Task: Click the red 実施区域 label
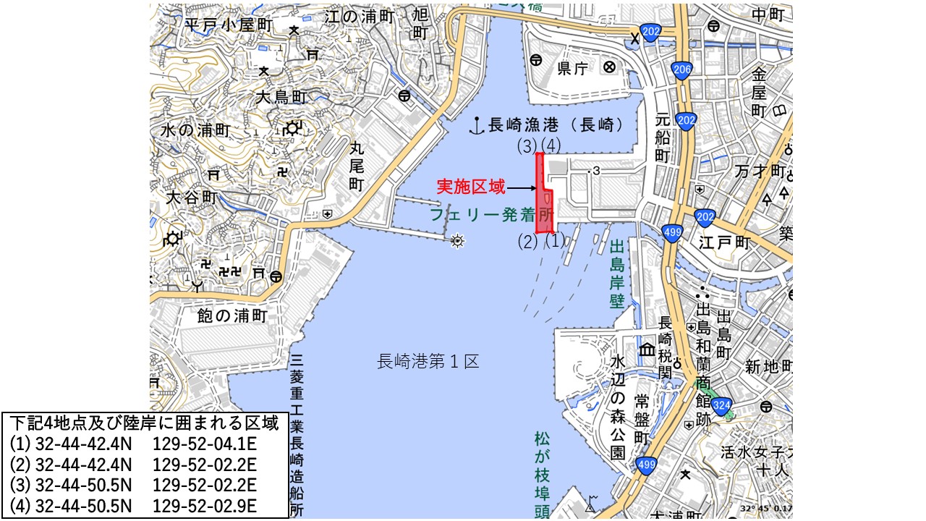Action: coord(470,187)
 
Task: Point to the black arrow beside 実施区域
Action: coord(520,188)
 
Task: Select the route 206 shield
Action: coord(681,70)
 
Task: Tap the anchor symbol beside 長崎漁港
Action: coord(476,125)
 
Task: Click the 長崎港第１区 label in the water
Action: coord(428,360)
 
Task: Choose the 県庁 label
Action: coord(572,68)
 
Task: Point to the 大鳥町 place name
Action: coord(281,97)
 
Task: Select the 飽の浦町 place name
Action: coord(232,316)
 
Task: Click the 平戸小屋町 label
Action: coord(229,25)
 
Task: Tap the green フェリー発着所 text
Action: coord(490,215)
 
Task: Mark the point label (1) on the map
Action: coord(554,241)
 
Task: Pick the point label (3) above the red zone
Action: coord(527,146)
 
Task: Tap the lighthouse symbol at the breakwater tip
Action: coord(456,241)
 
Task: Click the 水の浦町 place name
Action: coord(195,131)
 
